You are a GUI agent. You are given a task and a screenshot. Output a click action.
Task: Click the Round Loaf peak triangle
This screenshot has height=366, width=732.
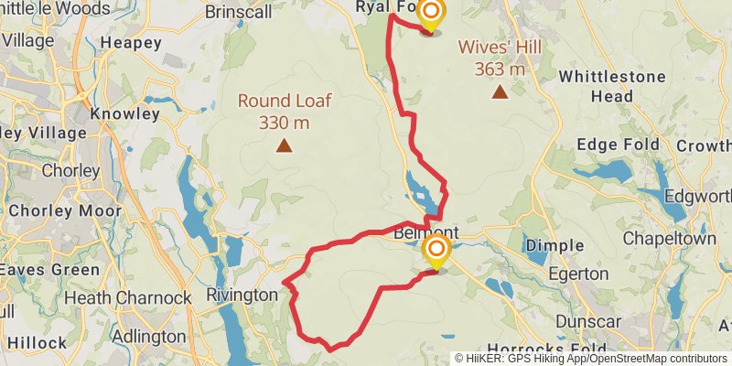point(285,145)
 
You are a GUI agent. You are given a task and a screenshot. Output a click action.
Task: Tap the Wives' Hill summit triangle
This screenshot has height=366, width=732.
point(500,91)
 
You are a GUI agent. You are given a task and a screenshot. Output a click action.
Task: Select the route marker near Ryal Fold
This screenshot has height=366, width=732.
point(430,15)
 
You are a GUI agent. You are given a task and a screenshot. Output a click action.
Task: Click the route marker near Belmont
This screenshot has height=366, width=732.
point(437,251)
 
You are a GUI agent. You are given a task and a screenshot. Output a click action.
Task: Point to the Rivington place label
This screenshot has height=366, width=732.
point(242,295)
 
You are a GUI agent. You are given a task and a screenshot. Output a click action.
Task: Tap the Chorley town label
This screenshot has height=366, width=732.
point(70,170)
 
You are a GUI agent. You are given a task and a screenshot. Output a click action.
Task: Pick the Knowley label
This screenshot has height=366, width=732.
point(125,114)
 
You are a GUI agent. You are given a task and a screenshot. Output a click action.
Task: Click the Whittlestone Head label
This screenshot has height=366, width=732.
point(612,85)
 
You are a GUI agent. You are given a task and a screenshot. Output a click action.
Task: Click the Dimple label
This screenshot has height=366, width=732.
point(555,245)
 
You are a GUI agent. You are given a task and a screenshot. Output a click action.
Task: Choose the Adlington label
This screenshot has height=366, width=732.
point(149,336)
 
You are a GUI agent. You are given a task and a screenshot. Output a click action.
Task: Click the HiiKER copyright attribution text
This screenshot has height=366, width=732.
point(590,359)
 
